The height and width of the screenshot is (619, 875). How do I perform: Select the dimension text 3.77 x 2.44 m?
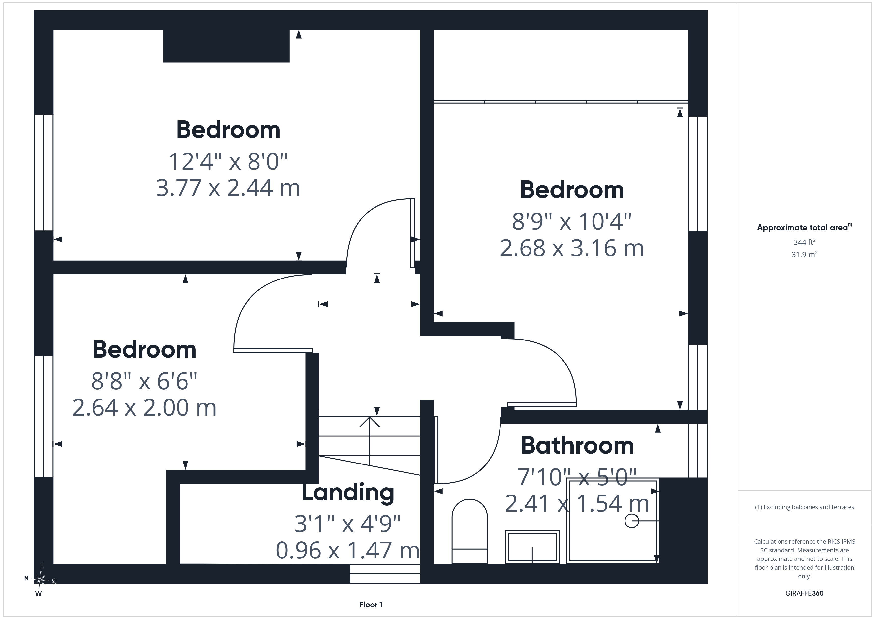[x=228, y=188]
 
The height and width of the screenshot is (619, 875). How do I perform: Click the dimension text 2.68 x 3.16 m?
[x=572, y=248]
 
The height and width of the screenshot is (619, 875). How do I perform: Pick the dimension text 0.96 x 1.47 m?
[x=347, y=550]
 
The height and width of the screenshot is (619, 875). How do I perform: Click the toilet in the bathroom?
[x=469, y=531]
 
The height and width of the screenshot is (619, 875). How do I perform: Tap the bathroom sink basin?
[x=532, y=547]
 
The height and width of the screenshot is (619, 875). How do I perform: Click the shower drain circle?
[x=631, y=521]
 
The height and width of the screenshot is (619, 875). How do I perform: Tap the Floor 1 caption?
[x=371, y=605]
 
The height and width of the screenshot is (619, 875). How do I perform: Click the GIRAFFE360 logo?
[x=805, y=593]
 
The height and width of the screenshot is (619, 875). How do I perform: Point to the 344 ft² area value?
[x=805, y=242]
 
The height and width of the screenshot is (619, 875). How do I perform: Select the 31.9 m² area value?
[x=805, y=254]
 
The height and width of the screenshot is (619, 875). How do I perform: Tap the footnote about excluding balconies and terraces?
[x=805, y=507]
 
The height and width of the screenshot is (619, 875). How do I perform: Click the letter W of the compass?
[x=38, y=593]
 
